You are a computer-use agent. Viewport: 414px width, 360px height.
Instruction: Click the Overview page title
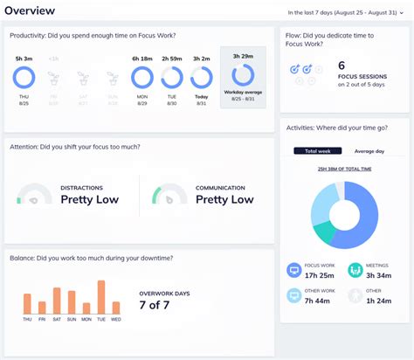pyautogui.click(x=31, y=11)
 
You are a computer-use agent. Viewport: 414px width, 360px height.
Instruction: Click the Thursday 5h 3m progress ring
pyautogui.click(x=24, y=78)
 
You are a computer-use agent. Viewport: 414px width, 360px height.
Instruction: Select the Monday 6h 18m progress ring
pyautogui.click(x=141, y=78)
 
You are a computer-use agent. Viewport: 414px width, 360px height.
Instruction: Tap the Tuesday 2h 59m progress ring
pyautogui.click(x=171, y=78)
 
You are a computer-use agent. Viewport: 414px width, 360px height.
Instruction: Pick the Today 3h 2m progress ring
pyautogui.click(x=201, y=78)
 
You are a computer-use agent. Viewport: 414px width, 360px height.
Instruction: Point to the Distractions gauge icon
pyautogui.click(x=34, y=197)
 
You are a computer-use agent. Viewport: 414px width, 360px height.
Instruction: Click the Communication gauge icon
pyautogui.click(x=169, y=197)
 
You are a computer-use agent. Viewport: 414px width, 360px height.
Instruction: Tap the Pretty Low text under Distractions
pyautogui.click(x=89, y=200)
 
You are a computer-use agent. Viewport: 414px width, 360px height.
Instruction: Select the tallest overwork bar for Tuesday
pyautogui.click(x=101, y=297)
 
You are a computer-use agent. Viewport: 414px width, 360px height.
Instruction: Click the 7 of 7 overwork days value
pyautogui.click(x=161, y=305)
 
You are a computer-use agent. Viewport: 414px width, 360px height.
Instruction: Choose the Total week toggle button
pyautogui.click(x=311, y=151)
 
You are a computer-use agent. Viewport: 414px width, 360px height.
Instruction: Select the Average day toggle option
pyautogui.click(x=369, y=151)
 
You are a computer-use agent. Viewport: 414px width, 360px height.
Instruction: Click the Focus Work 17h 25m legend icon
pyautogui.click(x=294, y=271)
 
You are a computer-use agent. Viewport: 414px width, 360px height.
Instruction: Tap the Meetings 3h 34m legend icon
pyautogui.click(x=355, y=271)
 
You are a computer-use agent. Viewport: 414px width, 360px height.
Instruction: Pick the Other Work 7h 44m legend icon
pyautogui.click(x=294, y=296)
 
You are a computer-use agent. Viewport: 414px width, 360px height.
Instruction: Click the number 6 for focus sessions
pyautogui.click(x=341, y=65)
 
